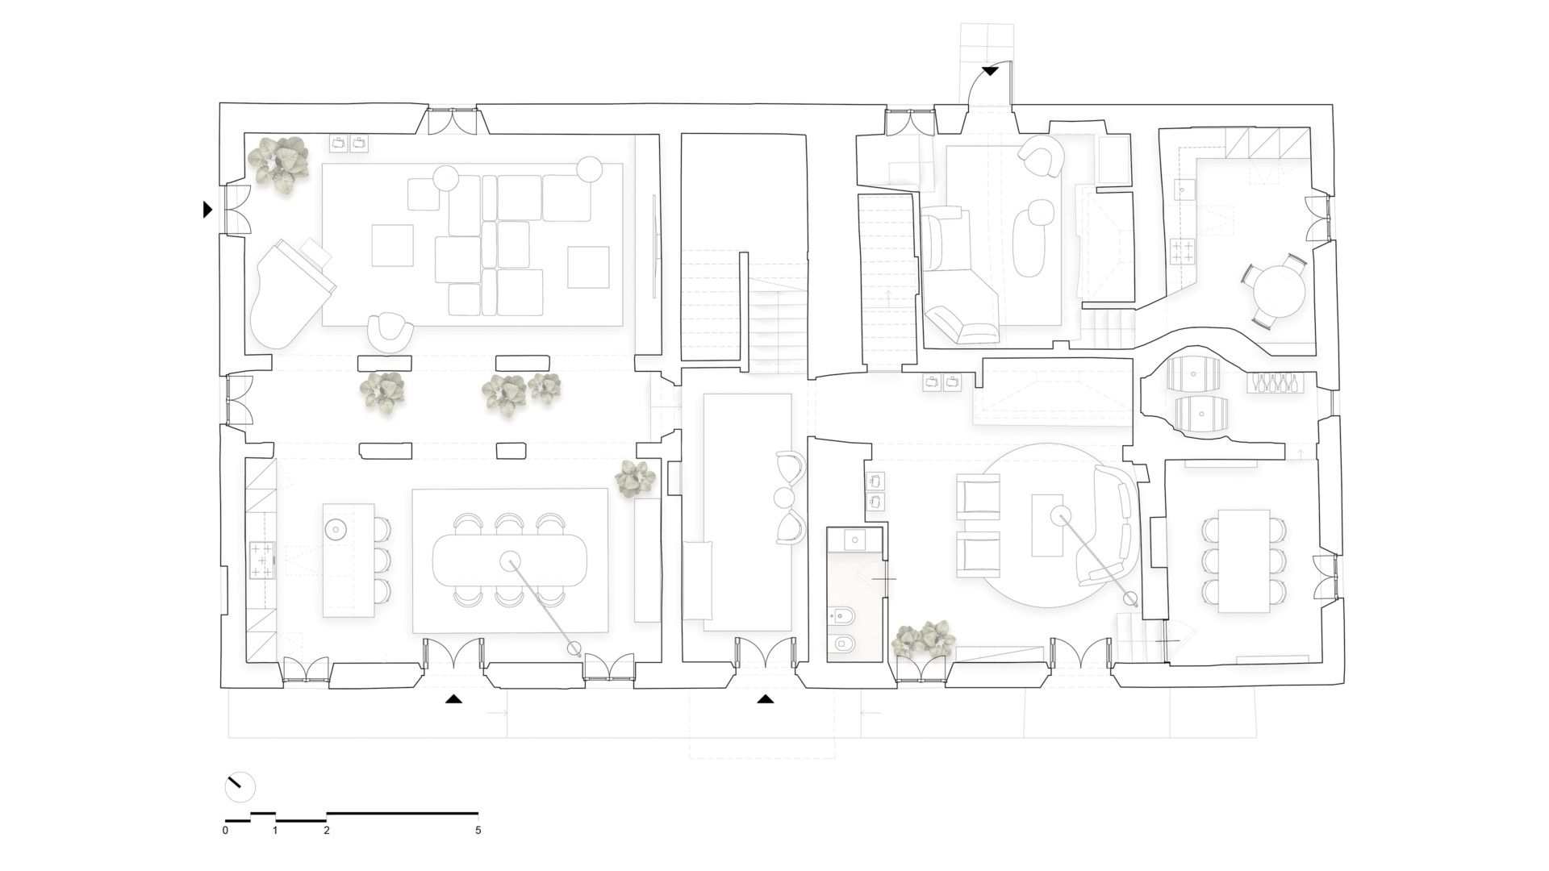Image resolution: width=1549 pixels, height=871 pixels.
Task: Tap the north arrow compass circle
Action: click(240, 787)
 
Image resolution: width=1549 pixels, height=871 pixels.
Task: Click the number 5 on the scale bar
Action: click(478, 830)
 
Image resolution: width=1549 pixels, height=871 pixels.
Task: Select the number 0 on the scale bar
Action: click(225, 830)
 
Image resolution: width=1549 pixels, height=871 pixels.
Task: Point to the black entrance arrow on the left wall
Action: click(207, 210)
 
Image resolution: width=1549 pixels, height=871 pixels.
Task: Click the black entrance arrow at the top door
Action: click(990, 72)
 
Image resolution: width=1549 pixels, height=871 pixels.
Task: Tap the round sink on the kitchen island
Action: click(334, 530)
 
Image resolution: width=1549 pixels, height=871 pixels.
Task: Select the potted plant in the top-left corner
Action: click(278, 164)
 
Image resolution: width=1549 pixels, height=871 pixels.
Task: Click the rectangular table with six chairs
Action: click(1243, 561)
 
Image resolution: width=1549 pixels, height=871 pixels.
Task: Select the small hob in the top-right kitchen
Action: click(1183, 252)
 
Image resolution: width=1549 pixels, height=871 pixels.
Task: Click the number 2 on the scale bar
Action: click(327, 830)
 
